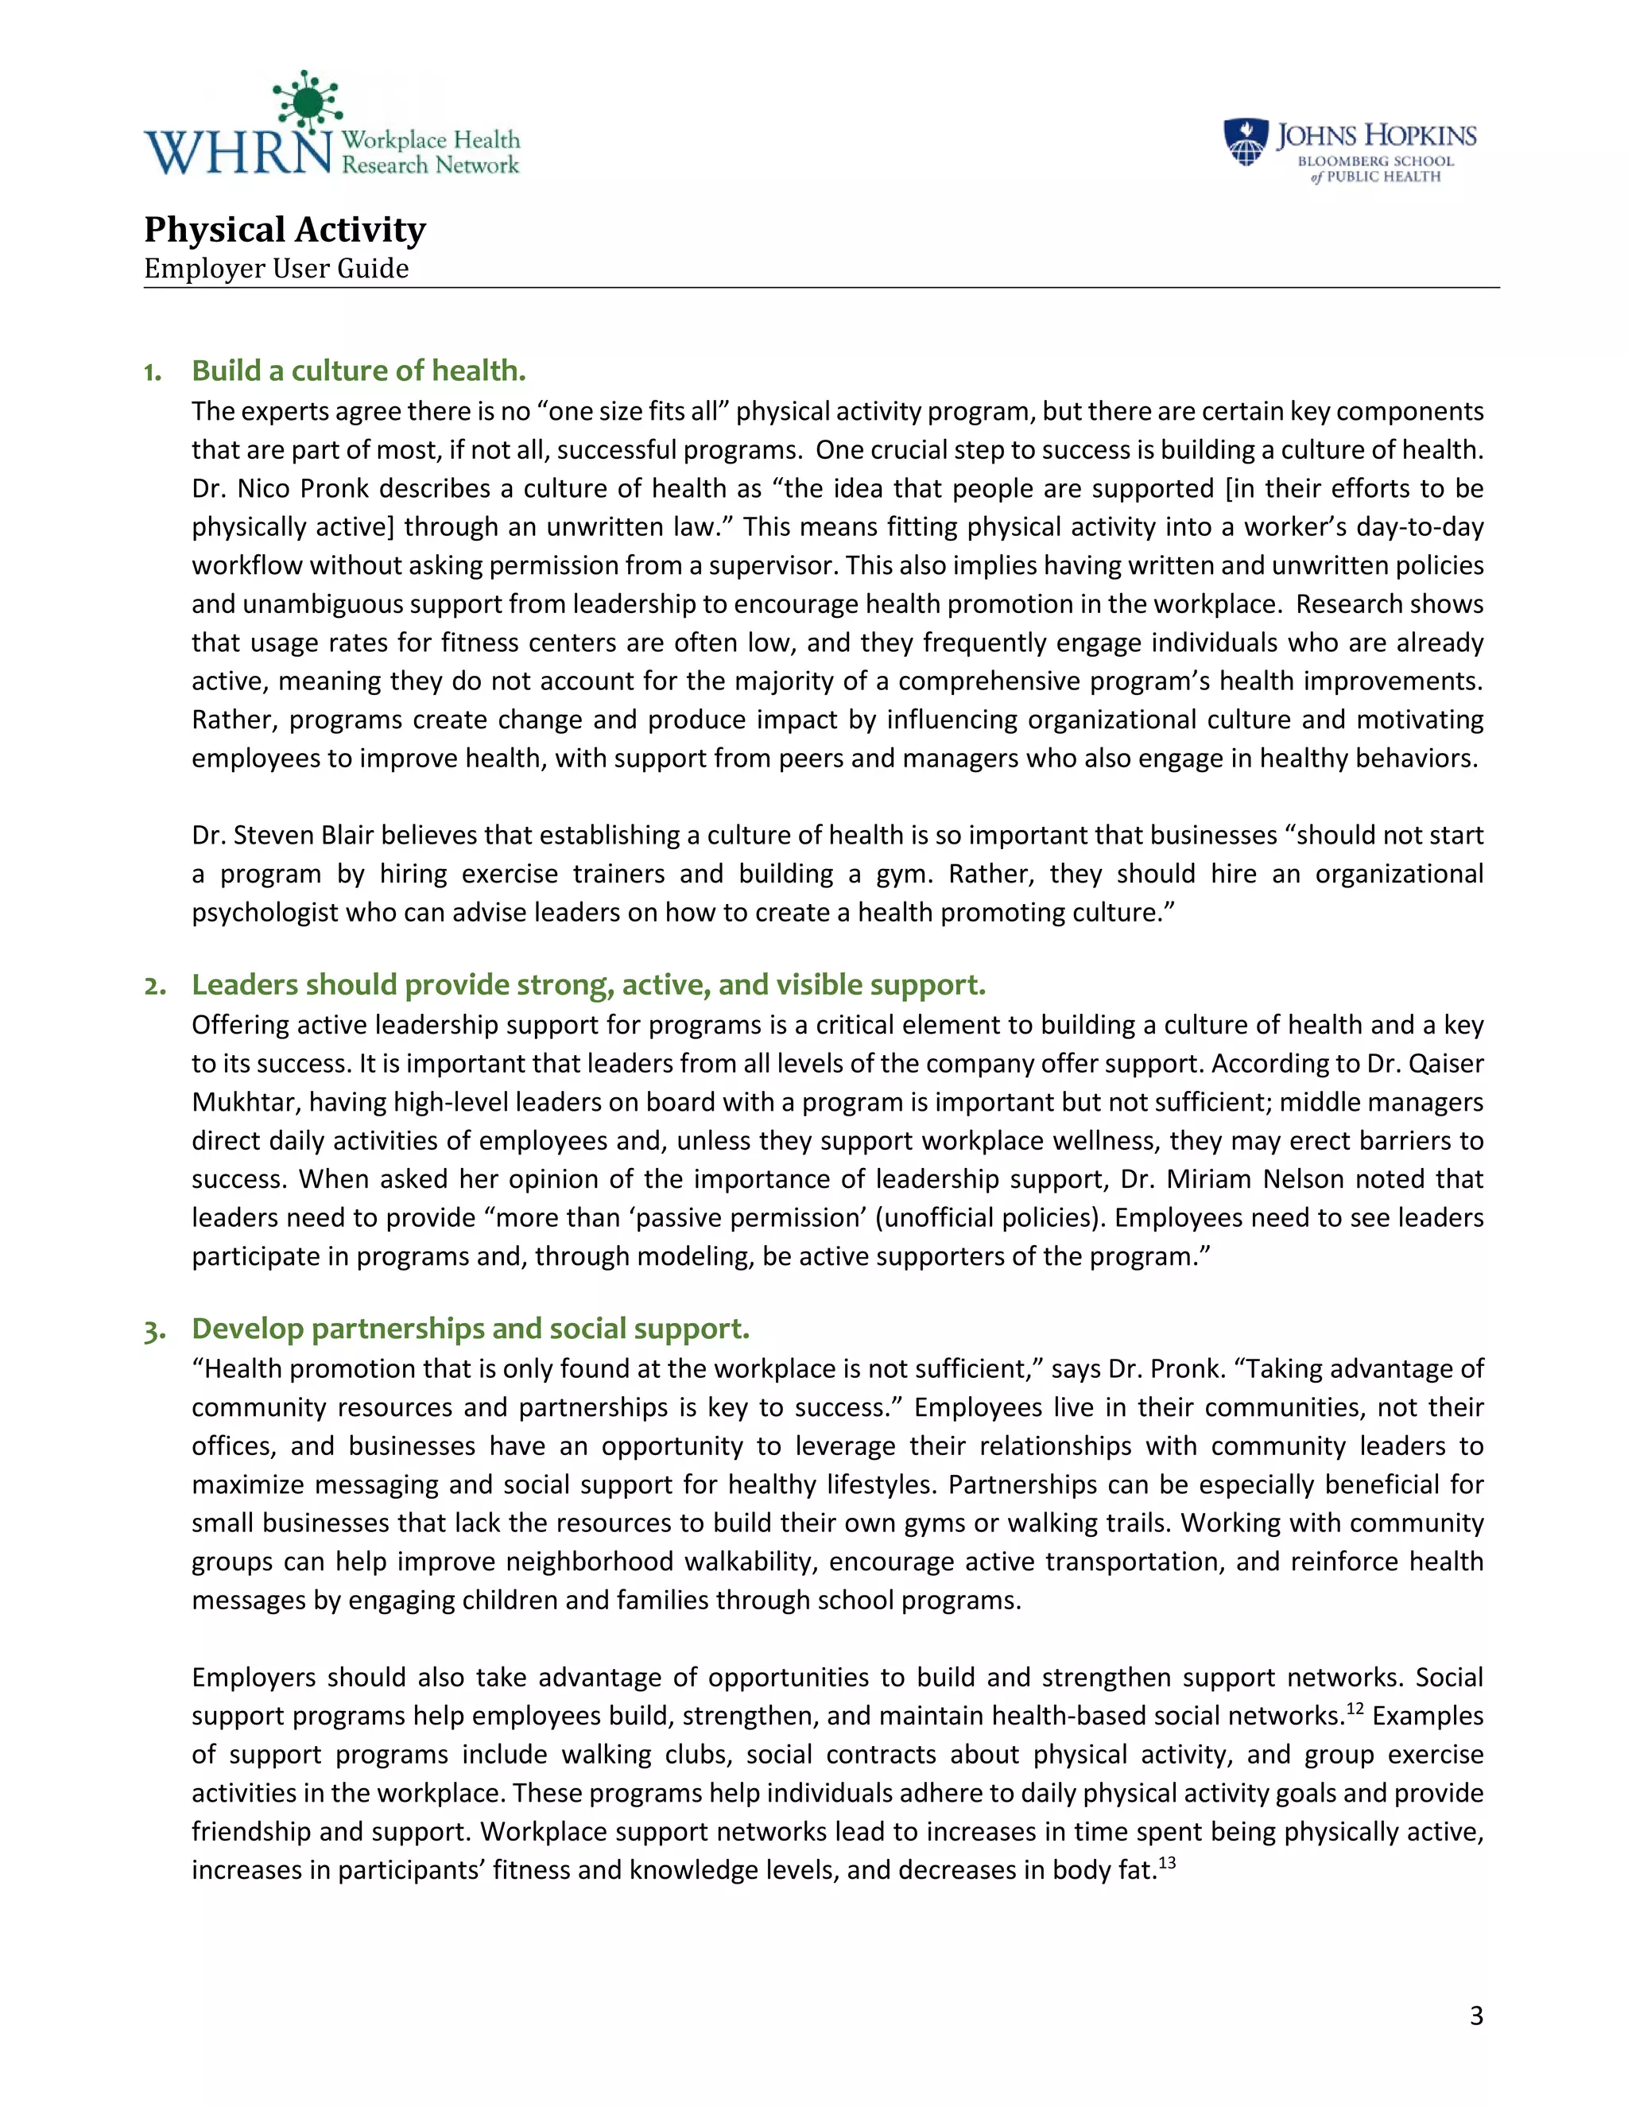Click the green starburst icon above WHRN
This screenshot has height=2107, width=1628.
point(307,100)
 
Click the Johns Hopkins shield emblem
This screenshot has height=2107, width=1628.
point(1245,142)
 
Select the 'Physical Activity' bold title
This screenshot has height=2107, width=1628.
point(285,230)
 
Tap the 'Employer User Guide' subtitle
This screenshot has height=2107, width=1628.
point(276,268)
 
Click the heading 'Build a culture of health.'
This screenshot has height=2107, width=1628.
point(359,371)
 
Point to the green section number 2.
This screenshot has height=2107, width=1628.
point(153,986)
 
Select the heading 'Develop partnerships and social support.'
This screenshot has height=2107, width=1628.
point(470,1329)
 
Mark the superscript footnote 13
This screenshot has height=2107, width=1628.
point(1167,1863)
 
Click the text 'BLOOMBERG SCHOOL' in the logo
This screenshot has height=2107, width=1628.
point(1374,161)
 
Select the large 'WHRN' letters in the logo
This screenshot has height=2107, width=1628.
point(238,153)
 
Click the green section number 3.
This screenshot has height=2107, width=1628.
point(153,1330)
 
